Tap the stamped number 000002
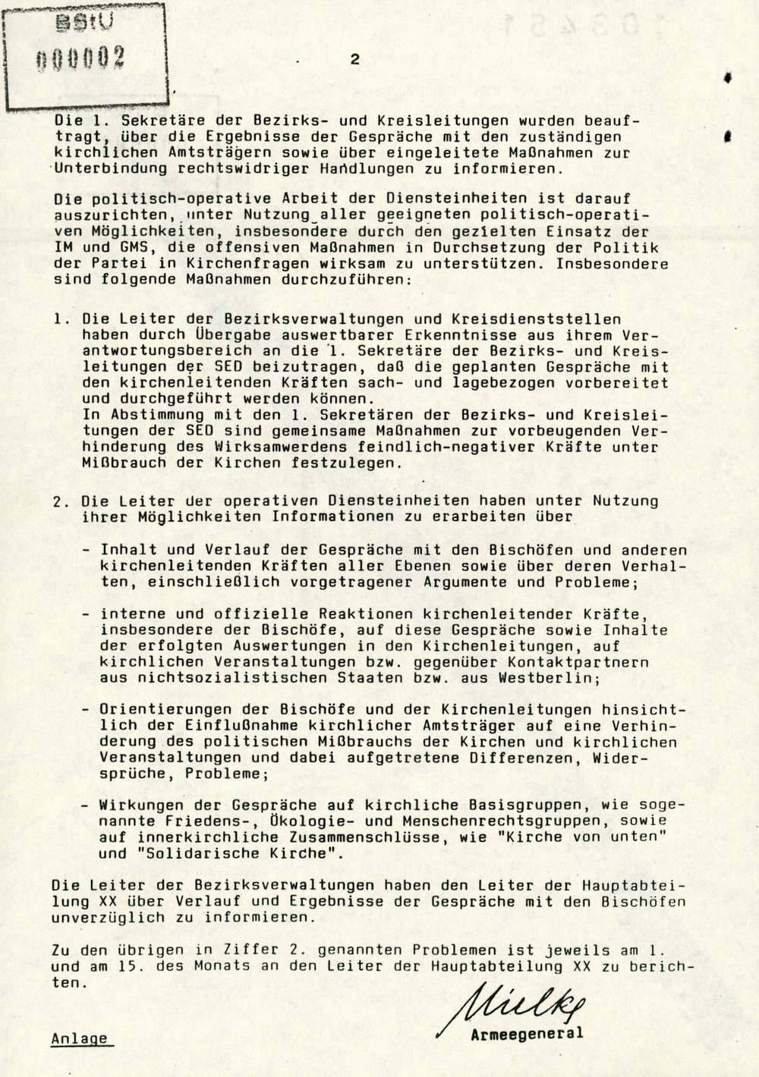[x=82, y=58]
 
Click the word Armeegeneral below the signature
[x=527, y=1034]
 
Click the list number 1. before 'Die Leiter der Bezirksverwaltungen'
[x=61, y=319]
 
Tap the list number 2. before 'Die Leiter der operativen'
[x=61, y=501]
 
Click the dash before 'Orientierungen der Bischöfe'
[x=87, y=711]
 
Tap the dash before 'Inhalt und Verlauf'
[x=87, y=551]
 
